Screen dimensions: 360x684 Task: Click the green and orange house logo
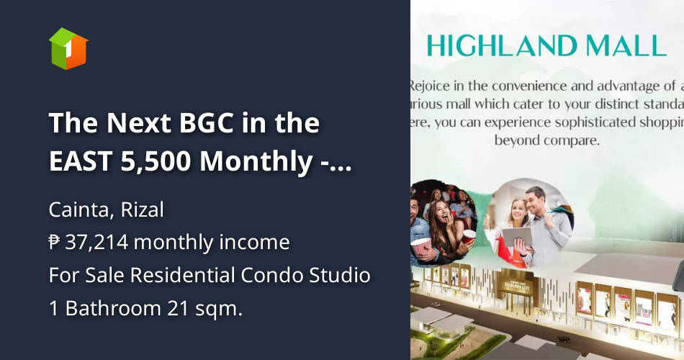click(68, 49)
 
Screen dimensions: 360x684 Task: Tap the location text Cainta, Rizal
click(107, 210)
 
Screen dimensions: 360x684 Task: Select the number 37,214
click(96, 243)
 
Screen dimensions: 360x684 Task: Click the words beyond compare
click(547, 140)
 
